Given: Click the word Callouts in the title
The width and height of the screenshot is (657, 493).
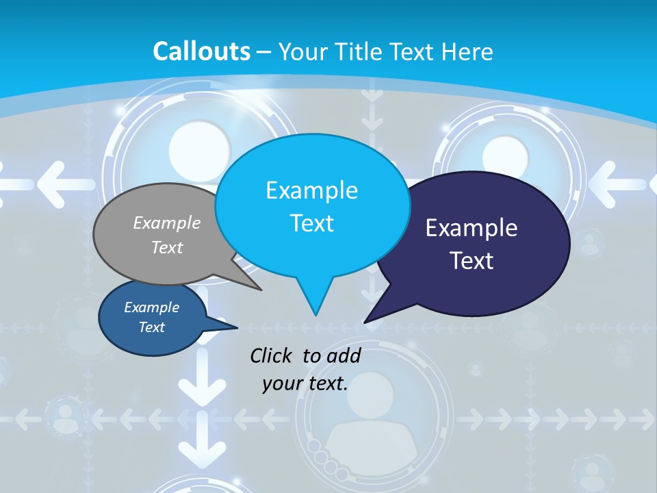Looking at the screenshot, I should pos(201,51).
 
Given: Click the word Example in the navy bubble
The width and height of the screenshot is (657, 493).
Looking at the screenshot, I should pos(472,228).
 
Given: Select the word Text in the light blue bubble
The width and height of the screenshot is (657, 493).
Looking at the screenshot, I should pos(311,223).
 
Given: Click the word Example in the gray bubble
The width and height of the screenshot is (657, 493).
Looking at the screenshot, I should pos(167,223).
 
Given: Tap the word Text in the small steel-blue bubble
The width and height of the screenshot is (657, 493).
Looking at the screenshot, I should pos(151,327).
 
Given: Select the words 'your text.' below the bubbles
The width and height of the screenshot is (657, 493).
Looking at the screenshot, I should pos(305,383).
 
